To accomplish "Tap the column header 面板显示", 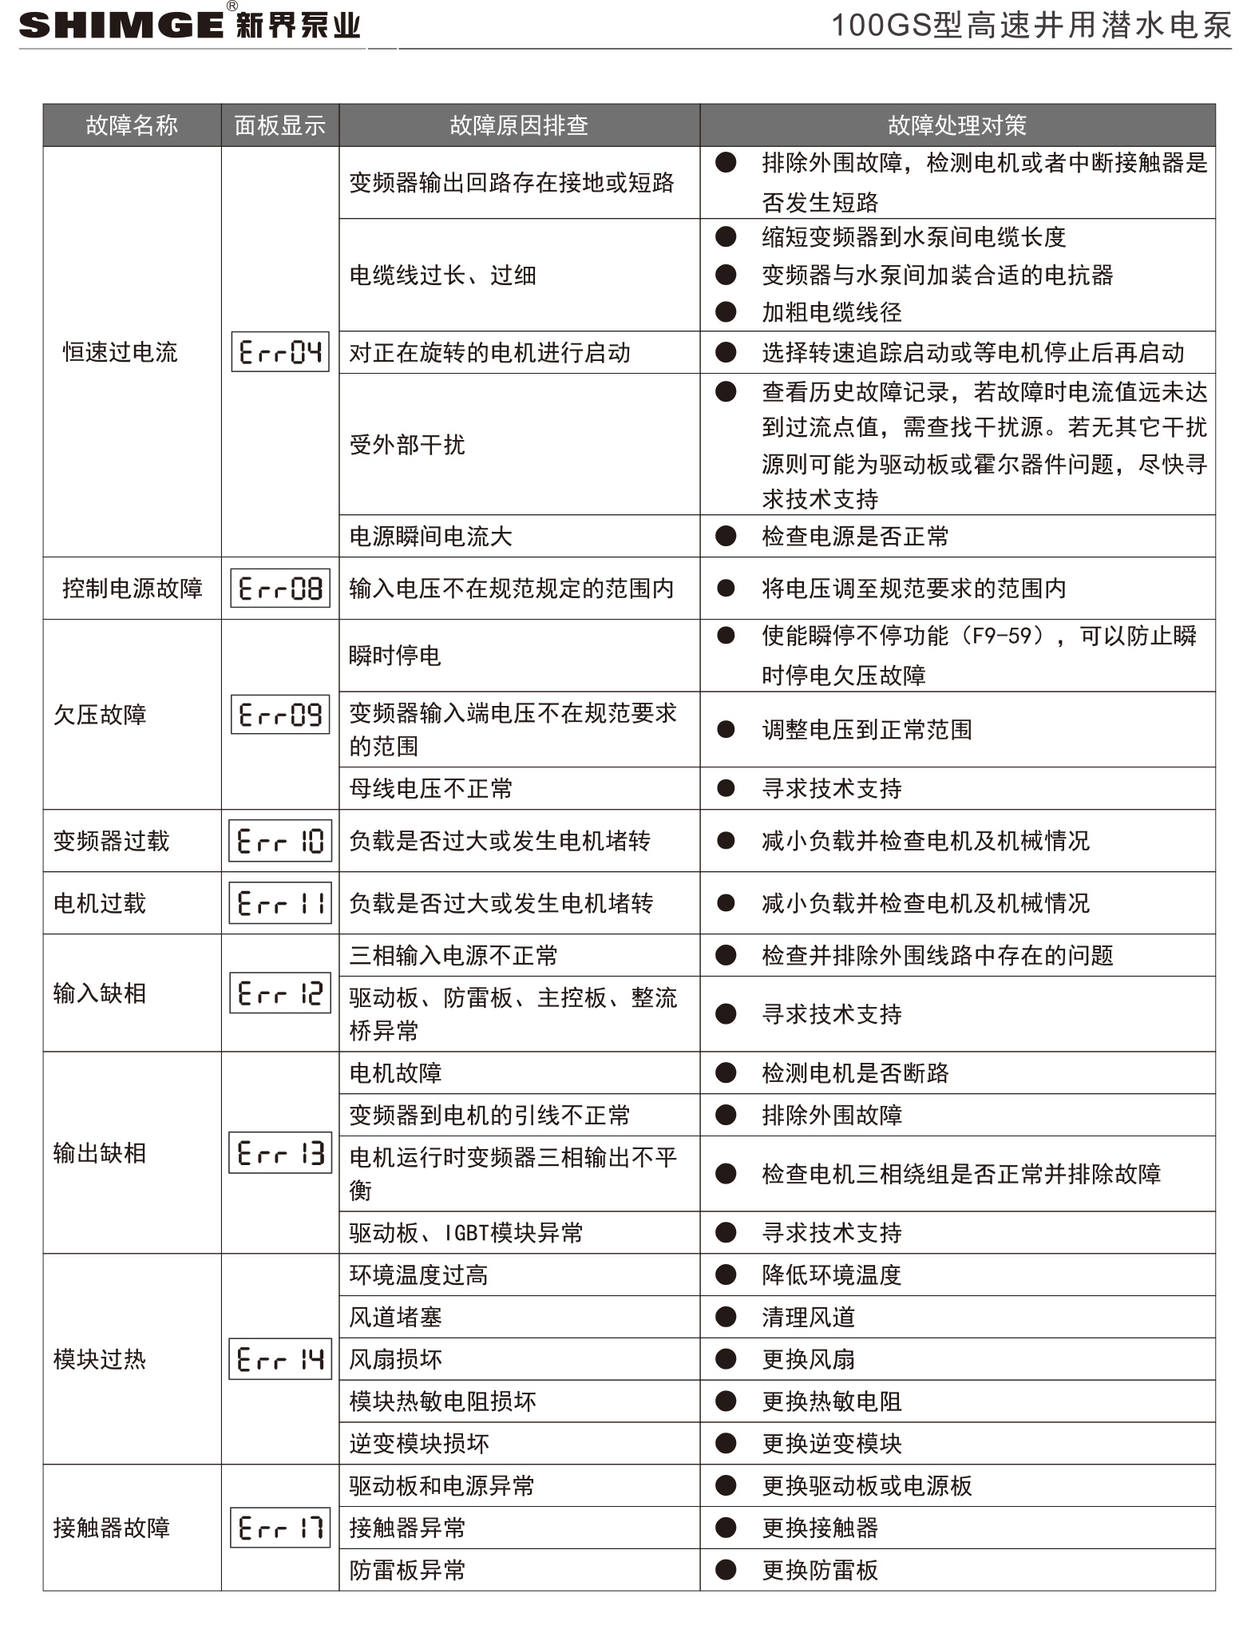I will [279, 125].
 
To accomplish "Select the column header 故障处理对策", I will [956, 125].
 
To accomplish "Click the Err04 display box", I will [280, 351].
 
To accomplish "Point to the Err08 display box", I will [280, 589].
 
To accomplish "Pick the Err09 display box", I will [280, 714].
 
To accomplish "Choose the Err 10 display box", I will [280, 841].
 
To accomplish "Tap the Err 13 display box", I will [280, 1153].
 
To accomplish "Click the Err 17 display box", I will [280, 1528].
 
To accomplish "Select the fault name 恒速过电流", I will [120, 352].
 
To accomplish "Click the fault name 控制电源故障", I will [132, 589].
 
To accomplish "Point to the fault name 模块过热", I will [100, 1359].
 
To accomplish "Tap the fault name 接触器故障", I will [112, 1528].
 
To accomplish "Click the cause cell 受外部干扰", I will [407, 444].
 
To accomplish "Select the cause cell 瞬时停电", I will [395, 656].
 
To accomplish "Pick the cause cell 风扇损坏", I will [395, 1359].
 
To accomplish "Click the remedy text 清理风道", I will [808, 1317].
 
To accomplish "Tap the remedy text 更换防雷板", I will [820, 1570].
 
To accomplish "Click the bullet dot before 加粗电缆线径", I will [726, 312].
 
